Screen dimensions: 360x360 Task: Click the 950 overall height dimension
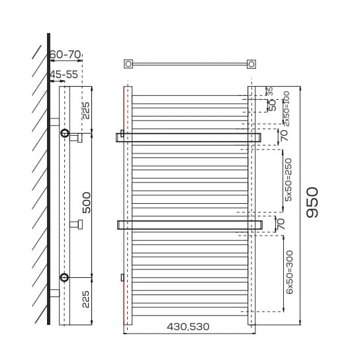(x=312, y=202)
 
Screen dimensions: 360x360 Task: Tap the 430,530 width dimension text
(x=188, y=326)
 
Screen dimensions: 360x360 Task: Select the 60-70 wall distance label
(x=66, y=55)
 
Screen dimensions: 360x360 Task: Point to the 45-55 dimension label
(x=64, y=75)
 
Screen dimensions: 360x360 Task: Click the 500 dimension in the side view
(x=87, y=202)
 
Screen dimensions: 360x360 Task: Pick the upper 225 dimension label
(x=86, y=111)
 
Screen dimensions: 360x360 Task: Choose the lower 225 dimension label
(x=85, y=299)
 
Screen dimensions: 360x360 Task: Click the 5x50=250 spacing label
(x=288, y=180)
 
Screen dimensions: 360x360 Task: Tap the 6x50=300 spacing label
(x=289, y=272)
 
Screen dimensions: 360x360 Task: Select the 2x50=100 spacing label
(x=287, y=109)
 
